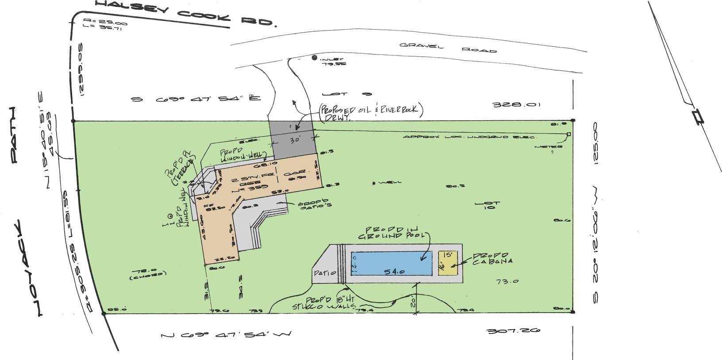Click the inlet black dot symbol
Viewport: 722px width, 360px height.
314,57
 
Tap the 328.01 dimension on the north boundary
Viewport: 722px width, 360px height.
516,105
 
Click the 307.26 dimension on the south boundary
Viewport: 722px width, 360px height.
513,331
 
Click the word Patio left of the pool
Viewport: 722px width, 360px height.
325,273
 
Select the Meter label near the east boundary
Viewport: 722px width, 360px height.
548,146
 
